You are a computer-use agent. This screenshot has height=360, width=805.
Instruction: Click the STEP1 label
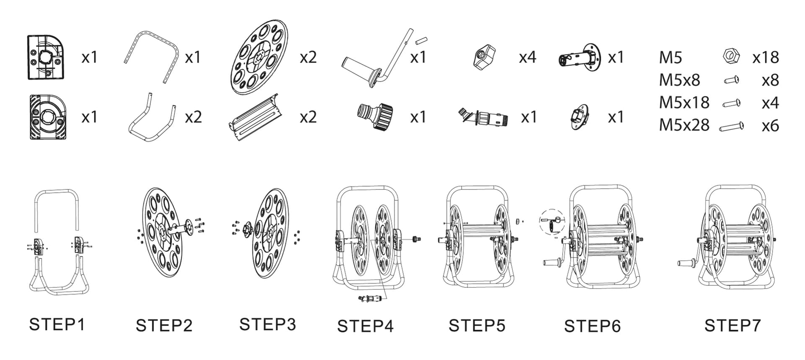pyautogui.click(x=57, y=324)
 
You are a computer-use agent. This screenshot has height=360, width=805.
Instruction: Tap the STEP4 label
pyautogui.click(x=365, y=326)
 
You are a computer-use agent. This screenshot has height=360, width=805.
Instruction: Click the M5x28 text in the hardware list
pyautogui.click(x=684, y=125)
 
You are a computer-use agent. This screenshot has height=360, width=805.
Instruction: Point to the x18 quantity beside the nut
pyautogui.click(x=765, y=57)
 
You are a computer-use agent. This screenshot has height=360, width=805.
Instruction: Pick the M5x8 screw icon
pyautogui.click(x=732, y=80)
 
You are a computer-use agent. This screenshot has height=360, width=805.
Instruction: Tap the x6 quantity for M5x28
pyautogui.click(x=770, y=126)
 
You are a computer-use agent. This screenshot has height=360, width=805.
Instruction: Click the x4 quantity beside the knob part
pyautogui.click(x=527, y=57)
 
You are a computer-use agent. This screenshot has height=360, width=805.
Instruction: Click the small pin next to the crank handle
pyautogui.click(x=421, y=41)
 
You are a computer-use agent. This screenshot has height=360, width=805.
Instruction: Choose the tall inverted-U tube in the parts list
pyautogui.click(x=152, y=54)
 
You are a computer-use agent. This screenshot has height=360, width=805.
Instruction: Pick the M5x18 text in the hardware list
pyautogui.click(x=684, y=102)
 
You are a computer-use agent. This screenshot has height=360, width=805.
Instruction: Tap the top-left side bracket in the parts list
pyautogui.click(x=46, y=57)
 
